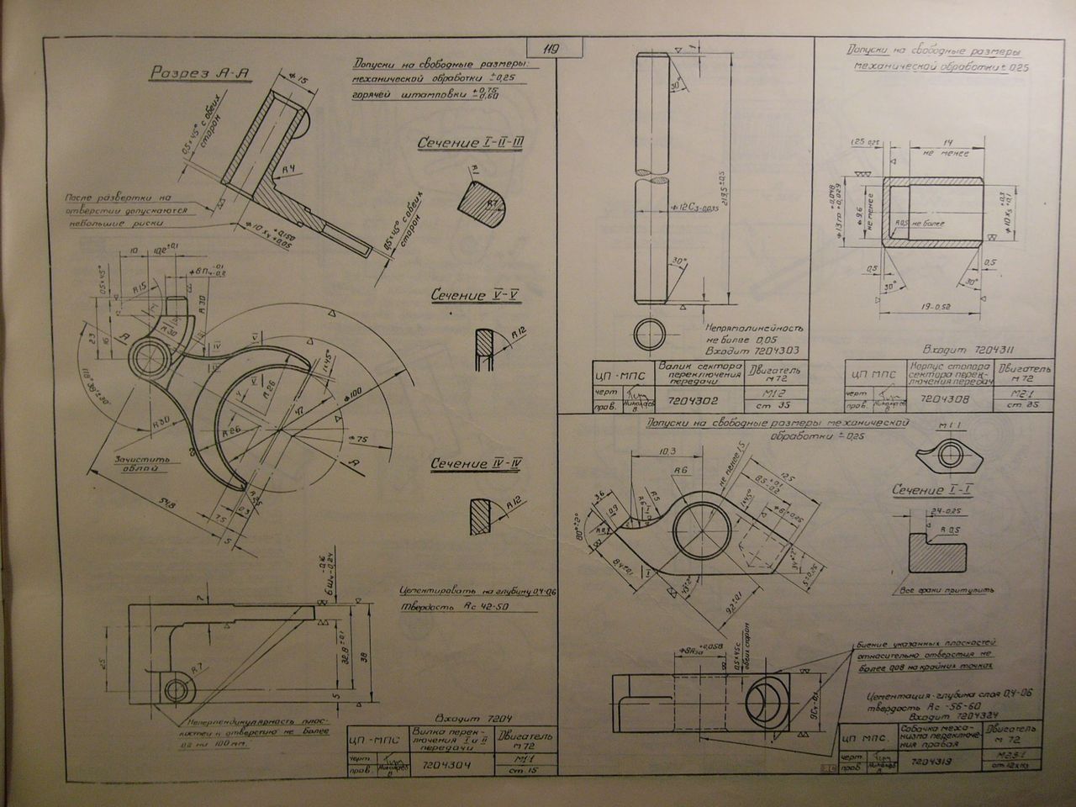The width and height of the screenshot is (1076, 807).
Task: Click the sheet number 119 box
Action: pos(551,48)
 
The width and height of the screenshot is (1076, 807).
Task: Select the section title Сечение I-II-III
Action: pos(471,144)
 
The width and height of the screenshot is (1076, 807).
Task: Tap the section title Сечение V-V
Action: pos(470,296)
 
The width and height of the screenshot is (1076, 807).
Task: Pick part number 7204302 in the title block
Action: pos(690,402)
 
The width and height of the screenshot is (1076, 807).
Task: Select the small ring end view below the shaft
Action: pos(651,335)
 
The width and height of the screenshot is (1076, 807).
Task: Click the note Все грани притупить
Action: pos(946,590)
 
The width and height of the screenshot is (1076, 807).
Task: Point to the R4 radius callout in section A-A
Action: pos(287,171)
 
